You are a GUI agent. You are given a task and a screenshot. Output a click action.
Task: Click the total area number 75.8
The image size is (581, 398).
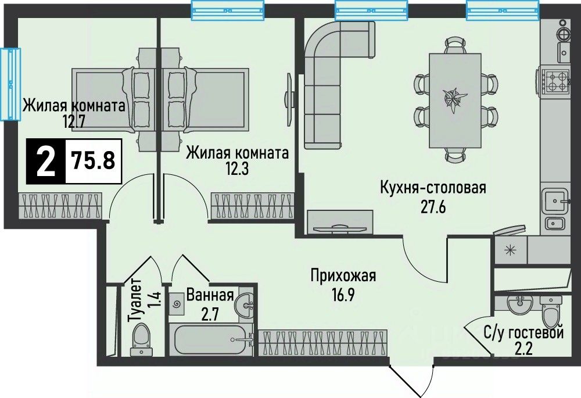tap(94, 160)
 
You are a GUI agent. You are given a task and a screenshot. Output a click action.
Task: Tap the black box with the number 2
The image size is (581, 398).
tap(46, 161)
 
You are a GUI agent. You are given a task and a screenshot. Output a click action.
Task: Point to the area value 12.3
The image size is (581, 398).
tap(237, 168)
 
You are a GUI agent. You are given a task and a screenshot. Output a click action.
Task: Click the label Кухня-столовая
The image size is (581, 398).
tap(433, 188)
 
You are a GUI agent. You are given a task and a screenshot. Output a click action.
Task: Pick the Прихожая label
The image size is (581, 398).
tap(343, 276)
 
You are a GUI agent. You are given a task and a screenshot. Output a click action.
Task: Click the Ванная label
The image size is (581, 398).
tap(210, 295)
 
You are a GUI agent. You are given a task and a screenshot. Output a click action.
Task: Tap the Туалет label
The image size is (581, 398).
tap(134, 300)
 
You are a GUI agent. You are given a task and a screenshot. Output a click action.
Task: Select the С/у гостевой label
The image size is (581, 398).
tap(524, 333)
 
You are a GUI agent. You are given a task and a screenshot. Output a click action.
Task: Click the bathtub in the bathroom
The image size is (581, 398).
tap(211, 339)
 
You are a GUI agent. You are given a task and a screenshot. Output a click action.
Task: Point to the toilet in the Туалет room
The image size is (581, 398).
tap(141, 339)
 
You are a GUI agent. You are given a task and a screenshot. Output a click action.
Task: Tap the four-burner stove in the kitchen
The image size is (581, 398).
tap(556, 81)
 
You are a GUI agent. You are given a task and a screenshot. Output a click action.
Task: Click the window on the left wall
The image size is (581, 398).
tap(10, 84)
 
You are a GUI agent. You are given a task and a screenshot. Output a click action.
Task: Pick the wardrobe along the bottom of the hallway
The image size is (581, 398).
tap(322, 343)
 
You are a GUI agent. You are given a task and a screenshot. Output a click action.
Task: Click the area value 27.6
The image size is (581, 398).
tap(433, 207)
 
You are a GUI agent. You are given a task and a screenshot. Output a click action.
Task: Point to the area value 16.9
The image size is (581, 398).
tap(343, 295)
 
